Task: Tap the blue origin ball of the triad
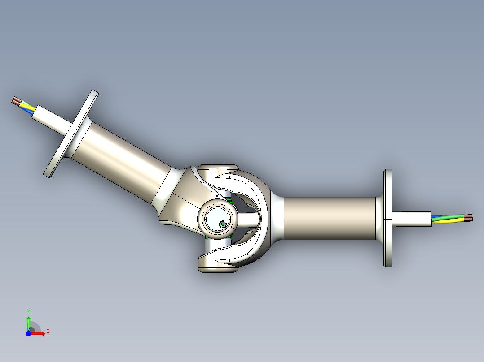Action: (28, 333)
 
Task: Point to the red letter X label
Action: (48, 332)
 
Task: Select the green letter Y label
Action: (28, 311)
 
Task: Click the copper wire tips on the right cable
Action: (468, 218)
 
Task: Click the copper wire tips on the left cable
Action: (16, 101)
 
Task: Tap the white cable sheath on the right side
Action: (411, 218)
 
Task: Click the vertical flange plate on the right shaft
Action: (388, 218)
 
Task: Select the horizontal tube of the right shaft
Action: (330, 218)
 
